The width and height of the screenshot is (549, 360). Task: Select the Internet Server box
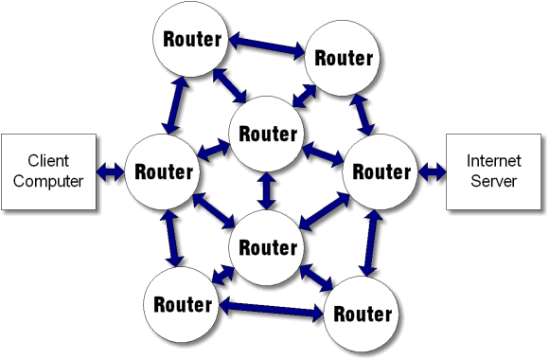pos(492,171)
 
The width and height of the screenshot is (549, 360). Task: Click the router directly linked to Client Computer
pos(165,172)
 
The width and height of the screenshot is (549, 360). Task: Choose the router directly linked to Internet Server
pos(381,172)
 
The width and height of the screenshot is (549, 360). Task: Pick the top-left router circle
pos(193,40)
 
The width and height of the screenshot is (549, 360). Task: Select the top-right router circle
pos(344,57)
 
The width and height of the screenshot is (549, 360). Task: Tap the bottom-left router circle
pos(181,304)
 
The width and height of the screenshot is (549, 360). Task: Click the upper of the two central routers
pos(268,134)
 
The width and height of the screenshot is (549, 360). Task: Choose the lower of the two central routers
pos(268,248)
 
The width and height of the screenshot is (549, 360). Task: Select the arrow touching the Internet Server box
pos(433,171)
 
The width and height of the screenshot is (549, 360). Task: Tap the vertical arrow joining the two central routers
pos(268,190)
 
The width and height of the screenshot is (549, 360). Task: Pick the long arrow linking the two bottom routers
pos(271,308)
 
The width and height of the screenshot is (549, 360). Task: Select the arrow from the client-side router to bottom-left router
pos(171,238)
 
